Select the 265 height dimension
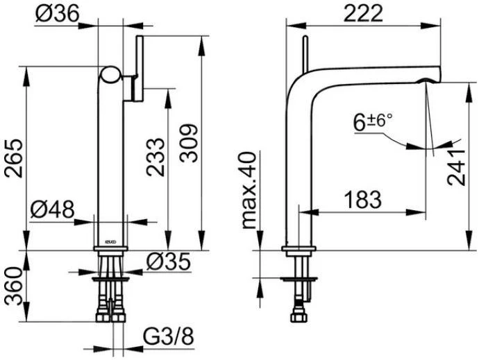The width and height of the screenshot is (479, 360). point(16,158)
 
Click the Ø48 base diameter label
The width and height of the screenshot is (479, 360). point(53,209)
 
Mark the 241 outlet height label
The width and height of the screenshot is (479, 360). point(456,166)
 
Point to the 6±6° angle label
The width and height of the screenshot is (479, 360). point(372,123)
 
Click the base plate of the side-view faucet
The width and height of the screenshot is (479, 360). point(299,249)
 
